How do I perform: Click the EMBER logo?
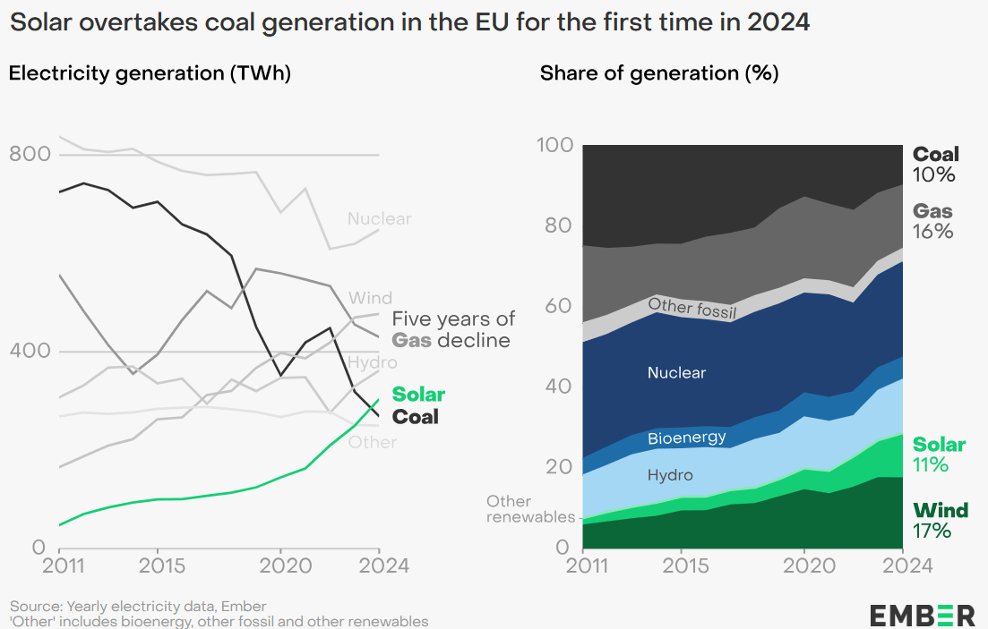click(922, 615)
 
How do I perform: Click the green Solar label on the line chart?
click(418, 395)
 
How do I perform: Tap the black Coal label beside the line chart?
click(416, 416)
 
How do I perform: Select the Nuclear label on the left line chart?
click(379, 219)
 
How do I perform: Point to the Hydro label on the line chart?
click(372, 362)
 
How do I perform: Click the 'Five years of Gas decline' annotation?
click(453, 329)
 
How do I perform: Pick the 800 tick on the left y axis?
click(29, 154)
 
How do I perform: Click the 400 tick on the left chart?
click(29, 351)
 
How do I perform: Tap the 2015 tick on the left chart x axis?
click(158, 566)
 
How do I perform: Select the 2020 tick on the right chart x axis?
click(803, 566)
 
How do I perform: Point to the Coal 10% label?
click(935, 165)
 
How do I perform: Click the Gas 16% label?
click(932, 222)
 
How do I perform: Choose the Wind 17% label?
click(940, 521)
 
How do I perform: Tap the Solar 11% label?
click(939, 455)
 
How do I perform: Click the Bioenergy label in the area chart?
click(686, 438)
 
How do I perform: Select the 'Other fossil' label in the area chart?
click(692, 309)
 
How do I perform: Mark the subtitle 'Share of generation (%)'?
click(658, 73)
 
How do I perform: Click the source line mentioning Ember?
click(138, 606)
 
